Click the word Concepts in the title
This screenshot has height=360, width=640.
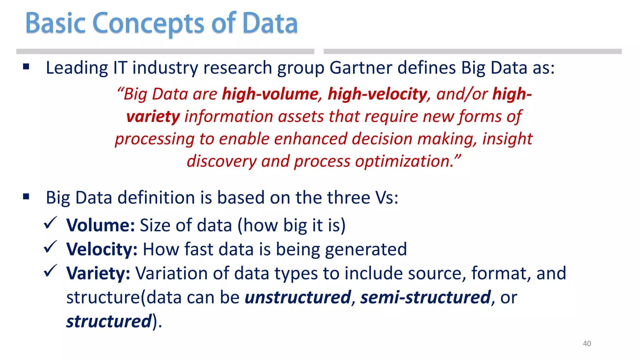[149, 23]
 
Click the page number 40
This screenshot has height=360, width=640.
[587, 343]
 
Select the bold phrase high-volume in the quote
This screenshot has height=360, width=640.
[270, 94]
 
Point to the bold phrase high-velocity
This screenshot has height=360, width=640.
[377, 94]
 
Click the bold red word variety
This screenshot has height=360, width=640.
[153, 117]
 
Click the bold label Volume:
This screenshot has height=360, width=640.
[101, 225]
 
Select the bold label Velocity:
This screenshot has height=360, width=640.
[102, 249]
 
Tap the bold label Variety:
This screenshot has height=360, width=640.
[98, 273]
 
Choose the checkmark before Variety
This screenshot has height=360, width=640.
[50, 271]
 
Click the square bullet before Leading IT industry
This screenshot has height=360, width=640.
[26, 67]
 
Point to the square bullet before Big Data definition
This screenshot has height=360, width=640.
[26, 197]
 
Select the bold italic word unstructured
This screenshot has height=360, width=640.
[298, 297]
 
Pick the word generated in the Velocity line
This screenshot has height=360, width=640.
[366, 249]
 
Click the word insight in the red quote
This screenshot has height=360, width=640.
[507, 139]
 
